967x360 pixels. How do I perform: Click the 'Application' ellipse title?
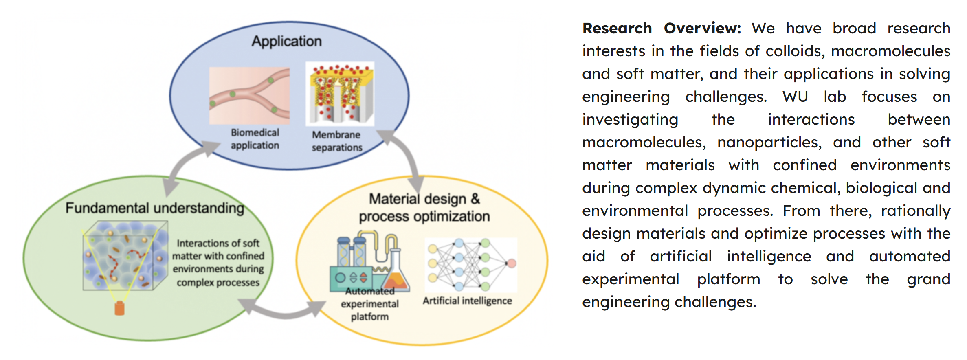[286, 41]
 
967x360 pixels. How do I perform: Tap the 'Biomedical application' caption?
[255, 139]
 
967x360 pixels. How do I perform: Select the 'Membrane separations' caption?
[337, 141]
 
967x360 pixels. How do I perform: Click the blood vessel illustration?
[249, 96]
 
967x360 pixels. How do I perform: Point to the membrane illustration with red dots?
[340, 93]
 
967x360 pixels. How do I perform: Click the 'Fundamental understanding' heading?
[155, 208]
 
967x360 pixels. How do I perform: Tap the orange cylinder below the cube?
[119, 308]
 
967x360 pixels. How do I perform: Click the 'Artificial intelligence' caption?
[467, 301]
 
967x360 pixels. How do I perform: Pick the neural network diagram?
[470, 264]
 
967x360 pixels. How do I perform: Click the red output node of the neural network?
[511, 263]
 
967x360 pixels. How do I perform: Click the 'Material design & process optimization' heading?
[424, 208]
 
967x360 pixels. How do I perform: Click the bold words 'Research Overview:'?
[662, 28]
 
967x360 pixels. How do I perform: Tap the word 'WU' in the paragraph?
[795, 97]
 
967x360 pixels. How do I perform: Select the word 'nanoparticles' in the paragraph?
[769, 142]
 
